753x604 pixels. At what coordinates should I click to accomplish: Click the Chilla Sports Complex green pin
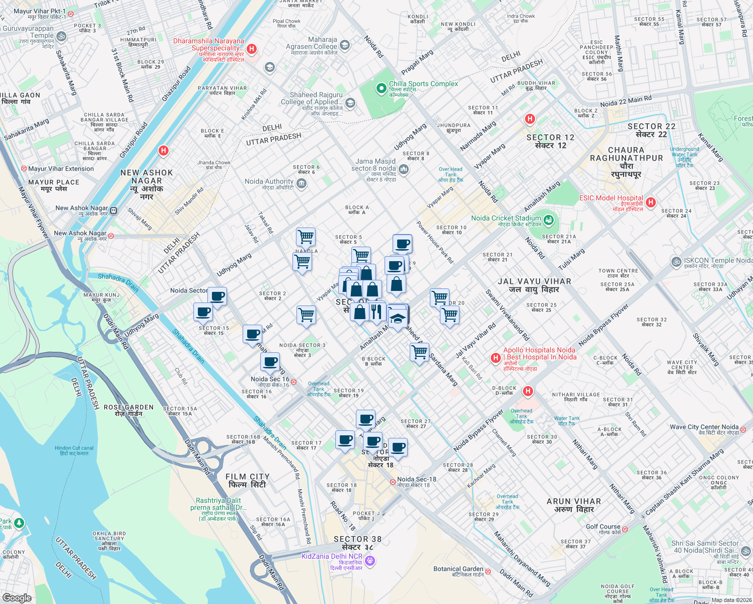(x=381, y=89)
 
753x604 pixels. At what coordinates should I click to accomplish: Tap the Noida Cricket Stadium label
(x=506, y=218)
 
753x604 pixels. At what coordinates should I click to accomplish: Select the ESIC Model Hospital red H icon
(x=650, y=202)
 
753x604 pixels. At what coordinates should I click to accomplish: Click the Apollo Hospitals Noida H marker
(x=495, y=358)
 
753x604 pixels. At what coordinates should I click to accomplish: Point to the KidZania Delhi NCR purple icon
(x=370, y=560)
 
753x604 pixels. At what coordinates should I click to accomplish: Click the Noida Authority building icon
(x=302, y=184)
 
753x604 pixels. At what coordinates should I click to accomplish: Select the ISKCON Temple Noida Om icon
(x=676, y=261)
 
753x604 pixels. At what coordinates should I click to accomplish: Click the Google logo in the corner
(x=17, y=597)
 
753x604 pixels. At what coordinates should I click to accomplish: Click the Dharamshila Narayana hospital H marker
(x=252, y=49)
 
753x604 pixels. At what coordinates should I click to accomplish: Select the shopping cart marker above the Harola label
(x=306, y=236)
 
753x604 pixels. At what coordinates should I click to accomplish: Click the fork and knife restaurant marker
(x=376, y=312)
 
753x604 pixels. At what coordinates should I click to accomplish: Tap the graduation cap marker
(x=398, y=319)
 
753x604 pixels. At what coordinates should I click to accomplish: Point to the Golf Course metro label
(x=603, y=527)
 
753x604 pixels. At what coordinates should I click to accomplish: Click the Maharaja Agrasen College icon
(x=345, y=46)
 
